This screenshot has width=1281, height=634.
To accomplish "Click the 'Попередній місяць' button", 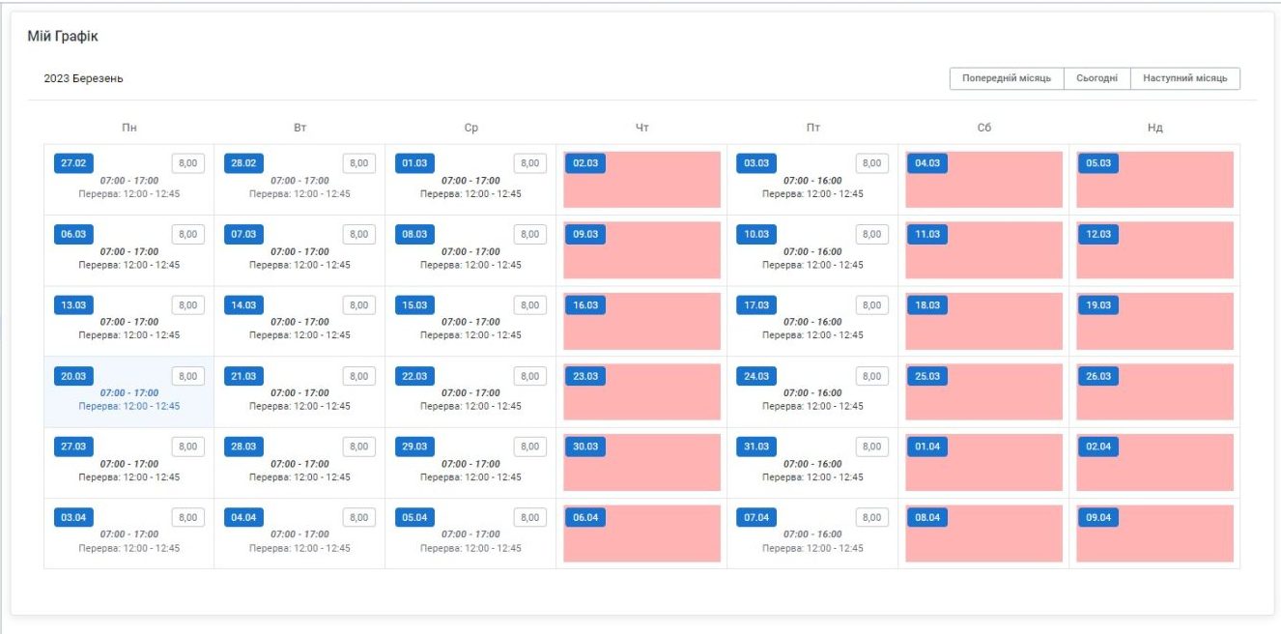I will pyautogui.click(x=1006, y=78).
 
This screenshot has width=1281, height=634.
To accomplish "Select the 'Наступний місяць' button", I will pyautogui.click(x=1184, y=78).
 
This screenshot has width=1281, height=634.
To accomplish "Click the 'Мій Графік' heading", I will pyautogui.click(x=63, y=37).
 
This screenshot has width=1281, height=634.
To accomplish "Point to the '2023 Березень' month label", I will pyautogui.click(x=84, y=78).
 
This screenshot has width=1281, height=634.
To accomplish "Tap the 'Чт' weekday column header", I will pyautogui.click(x=642, y=128).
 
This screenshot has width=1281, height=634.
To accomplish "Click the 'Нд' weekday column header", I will pyautogui.click(x=1154, y=128).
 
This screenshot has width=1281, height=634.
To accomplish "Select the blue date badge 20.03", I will pyautogui.click(x=73, y=376).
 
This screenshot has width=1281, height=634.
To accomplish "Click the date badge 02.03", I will pyautogui.click(x=585, y=163).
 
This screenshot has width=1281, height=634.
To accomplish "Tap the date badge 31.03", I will pyautogui.click(x=756, y=447).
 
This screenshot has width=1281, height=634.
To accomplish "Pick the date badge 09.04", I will pyautogui.click(x=1097, y=517).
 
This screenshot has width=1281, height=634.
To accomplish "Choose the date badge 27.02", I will pyautogui.click(x=73, y=163).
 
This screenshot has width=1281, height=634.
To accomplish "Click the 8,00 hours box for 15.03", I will pyautogui.click(x=529, y=305).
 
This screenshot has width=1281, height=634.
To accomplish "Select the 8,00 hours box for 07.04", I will pyautogui.click(x=871, y=517).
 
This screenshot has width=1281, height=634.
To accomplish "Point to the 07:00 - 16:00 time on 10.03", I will pyautogui.click(x=812, y=251).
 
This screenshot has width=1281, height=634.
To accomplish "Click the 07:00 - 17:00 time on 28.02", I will pyautogui.click(x=299, y=181).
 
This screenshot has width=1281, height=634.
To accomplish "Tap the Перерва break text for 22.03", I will pyautogui.click(x=470, y=406).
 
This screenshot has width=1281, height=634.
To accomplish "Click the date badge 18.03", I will pyautogui.click(x=926, y=305).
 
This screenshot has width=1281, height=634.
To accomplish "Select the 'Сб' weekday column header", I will pyautogui.click(x=983, y=128).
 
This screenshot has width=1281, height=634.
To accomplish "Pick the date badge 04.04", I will pyautogui.click(x=243, y=517).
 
